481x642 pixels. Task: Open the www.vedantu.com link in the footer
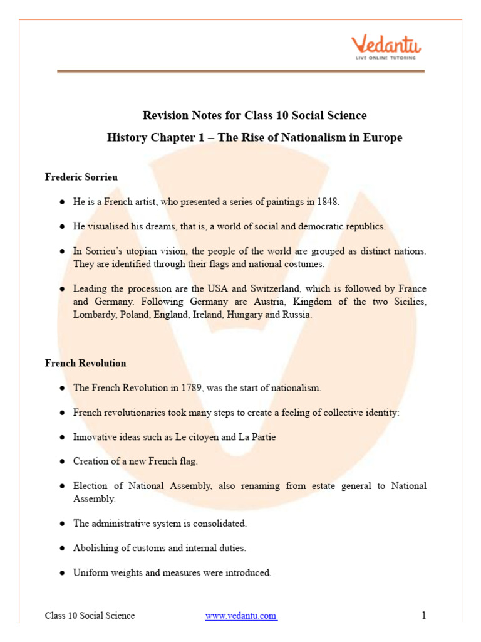pos(241,616)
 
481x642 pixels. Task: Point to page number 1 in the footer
pos(424,615)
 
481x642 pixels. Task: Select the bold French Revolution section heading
pos(85,363)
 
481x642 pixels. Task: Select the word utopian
pos(145,251)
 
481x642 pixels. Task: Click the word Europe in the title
pos(380,137)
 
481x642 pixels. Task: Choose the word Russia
pos(297,315)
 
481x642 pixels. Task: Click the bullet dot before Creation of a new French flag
pos(62,461)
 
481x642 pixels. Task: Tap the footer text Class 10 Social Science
pos(90,616)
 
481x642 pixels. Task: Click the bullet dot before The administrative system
pos(62,524)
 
